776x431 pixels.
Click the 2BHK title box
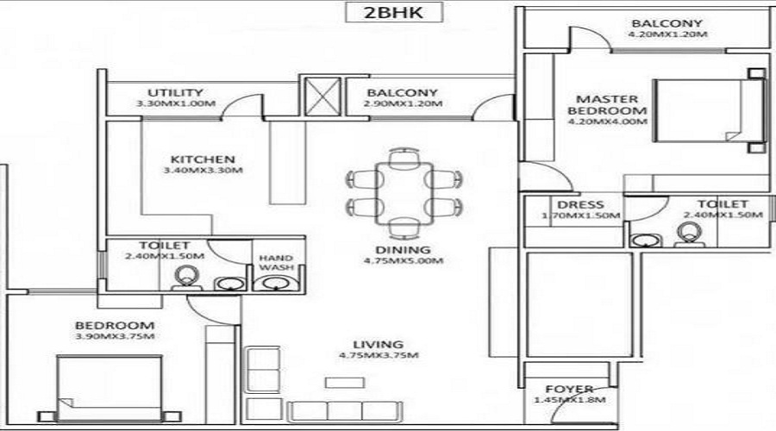393,12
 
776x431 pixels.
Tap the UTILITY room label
175,92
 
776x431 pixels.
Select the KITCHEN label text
203,159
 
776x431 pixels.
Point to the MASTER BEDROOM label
607,105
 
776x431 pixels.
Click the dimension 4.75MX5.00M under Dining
404,261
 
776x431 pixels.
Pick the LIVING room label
379,345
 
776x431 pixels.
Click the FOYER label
569,390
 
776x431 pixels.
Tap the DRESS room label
580,205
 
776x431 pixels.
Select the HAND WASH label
276,263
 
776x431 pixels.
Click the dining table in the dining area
404,194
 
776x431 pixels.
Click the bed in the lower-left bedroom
109,389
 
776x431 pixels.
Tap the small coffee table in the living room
345,383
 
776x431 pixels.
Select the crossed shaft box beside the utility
322,97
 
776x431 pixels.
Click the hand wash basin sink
273,284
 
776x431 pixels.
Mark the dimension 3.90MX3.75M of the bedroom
115,336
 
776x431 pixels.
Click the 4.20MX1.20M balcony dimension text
667,34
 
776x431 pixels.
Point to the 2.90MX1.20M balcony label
403,104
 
